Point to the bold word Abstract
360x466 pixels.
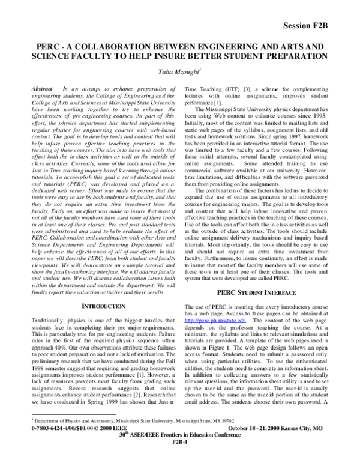pos(43,88)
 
